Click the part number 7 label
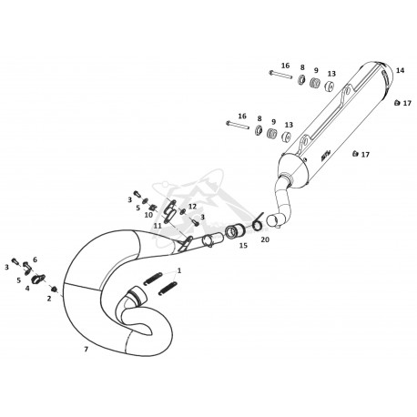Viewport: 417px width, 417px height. (86, 350)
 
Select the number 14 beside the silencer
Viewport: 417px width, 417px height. (401, 70)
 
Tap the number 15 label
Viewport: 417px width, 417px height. (243, 246)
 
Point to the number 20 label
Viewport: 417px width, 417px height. (265, 239)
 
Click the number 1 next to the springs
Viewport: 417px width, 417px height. (179, 270)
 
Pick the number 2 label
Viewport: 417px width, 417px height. (49, 299)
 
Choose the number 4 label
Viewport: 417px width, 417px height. (27, 289)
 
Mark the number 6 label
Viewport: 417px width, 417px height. (35, 259)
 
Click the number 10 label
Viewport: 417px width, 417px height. (148, 215)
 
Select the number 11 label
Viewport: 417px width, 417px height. (158, 226)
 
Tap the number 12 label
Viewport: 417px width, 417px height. (192, 207)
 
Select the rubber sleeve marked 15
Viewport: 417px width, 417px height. (234, 232)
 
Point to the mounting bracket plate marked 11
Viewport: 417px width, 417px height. (169, 212)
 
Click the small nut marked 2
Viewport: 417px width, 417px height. (55, 289)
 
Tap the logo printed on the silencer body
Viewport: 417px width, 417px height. (325, 157)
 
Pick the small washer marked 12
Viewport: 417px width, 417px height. (183, 211)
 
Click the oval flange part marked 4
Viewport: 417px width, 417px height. (38, 279)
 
